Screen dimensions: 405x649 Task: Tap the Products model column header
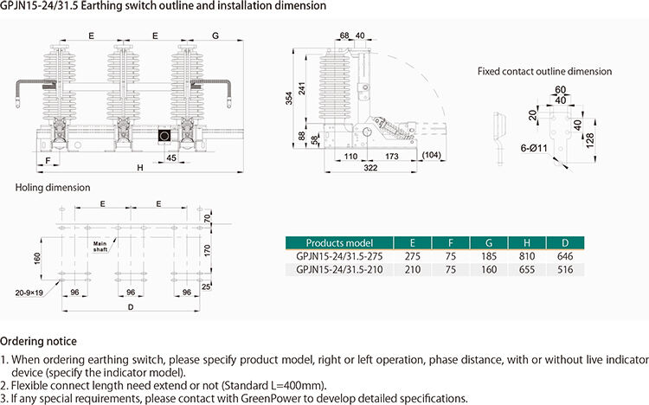[x=339, y=241]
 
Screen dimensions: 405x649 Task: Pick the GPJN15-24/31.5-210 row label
[x=339, y=269]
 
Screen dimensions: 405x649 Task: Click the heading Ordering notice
[x=38, y=342]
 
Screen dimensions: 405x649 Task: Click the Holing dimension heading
[x=53, y=187]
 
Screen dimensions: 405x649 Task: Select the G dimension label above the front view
[x=215, y=35]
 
